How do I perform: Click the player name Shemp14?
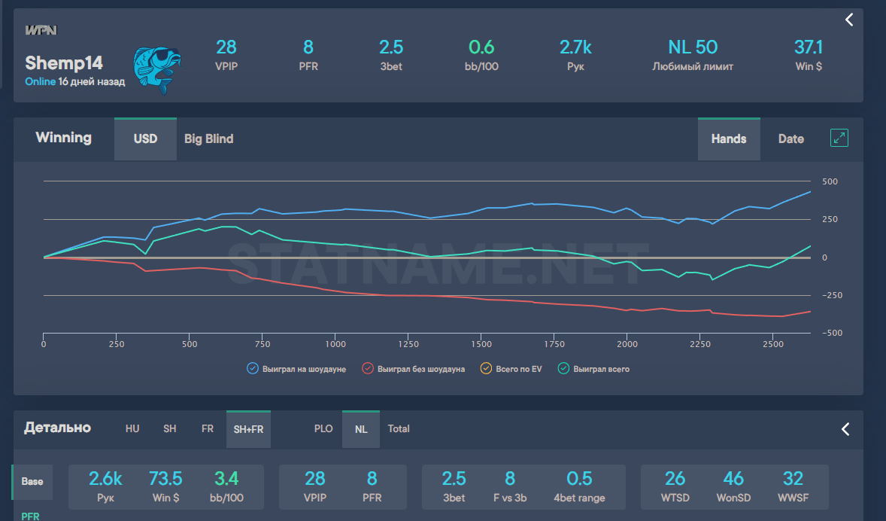[64, 62]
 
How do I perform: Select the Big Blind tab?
[208, 139]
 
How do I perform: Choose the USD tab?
[145, 139]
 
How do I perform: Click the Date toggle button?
[790, 139]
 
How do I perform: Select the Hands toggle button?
[728, 139]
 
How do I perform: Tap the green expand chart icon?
[839, 138]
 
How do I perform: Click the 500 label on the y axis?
[830, 181]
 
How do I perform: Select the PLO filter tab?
[323, 429]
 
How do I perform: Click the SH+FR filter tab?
[248, 429]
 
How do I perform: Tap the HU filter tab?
[132, 429]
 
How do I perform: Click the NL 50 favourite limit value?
[692, 47]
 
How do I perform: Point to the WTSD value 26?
[675, 479]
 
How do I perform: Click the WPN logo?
[41, 30]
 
